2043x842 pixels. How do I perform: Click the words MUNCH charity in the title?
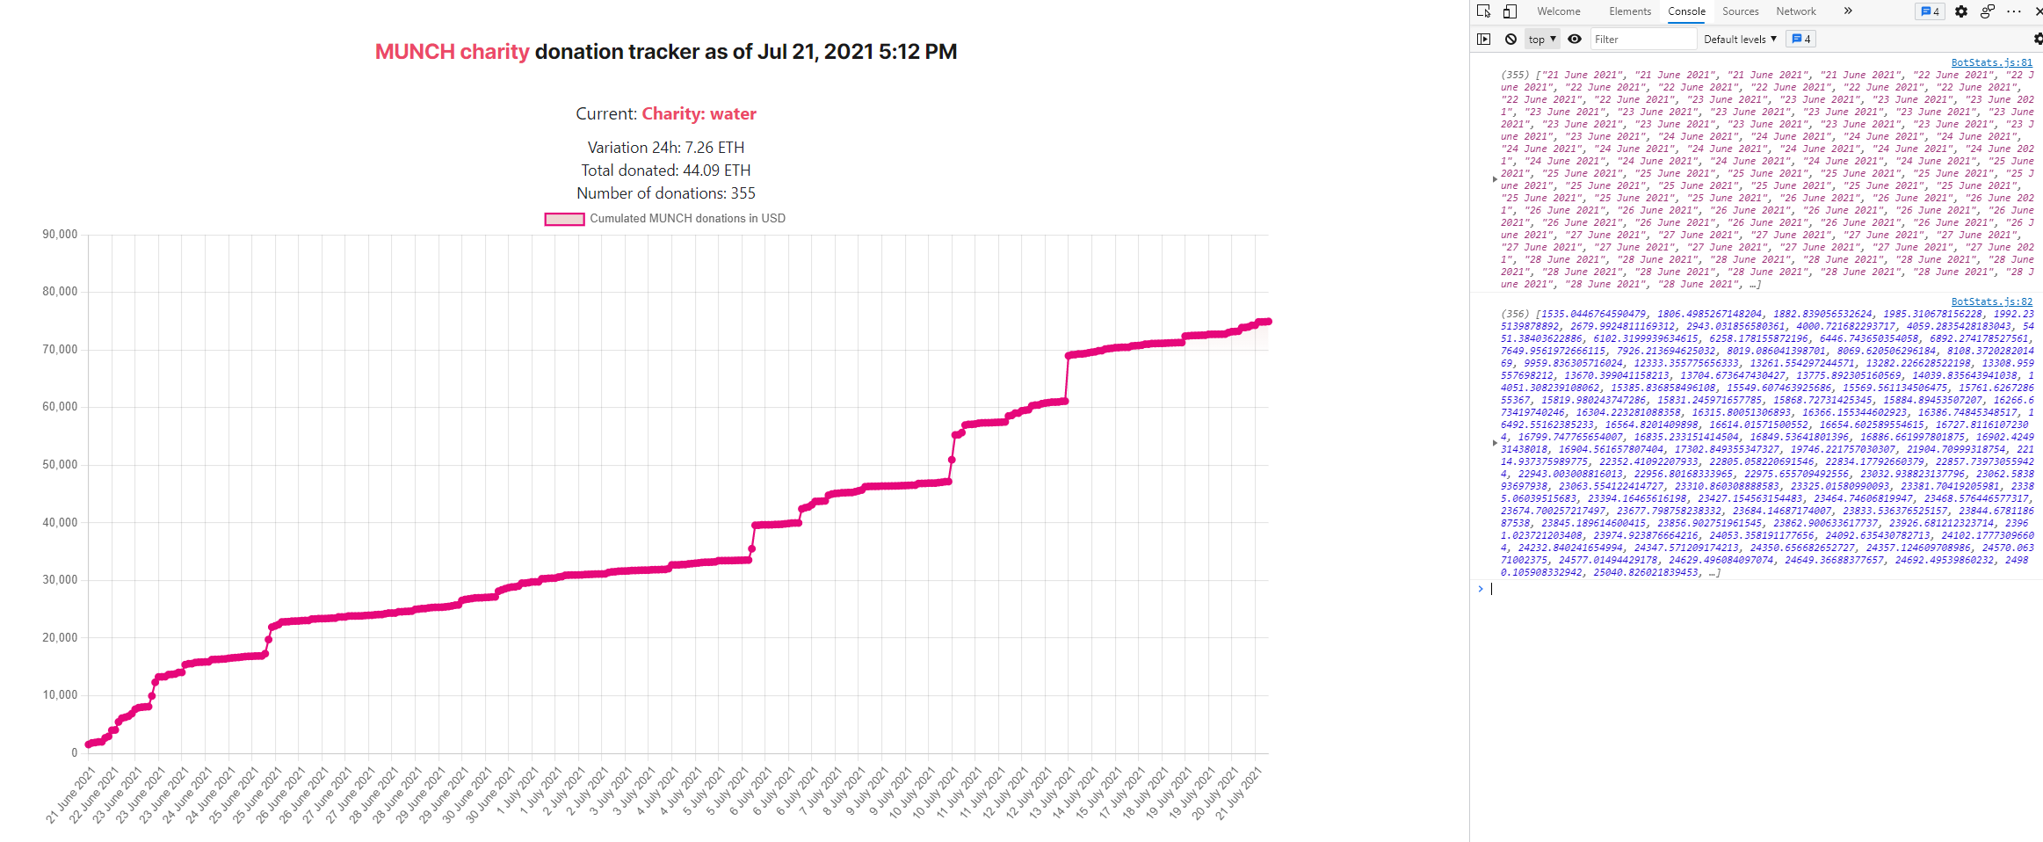point(452,52)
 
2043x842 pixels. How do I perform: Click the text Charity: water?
point(699,113)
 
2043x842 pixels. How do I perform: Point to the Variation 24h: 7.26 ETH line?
point(666,148)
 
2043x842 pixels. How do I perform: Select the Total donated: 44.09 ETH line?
point(666,171)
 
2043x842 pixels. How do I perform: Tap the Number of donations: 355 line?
point(666,193)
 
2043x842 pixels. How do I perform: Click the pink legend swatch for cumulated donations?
point(564,219)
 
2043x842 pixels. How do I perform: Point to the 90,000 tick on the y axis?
point(60,235)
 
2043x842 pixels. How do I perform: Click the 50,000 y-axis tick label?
point(60,464)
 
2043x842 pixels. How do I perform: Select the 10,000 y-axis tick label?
point(60,694)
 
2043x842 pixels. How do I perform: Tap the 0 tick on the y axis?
point(74,752)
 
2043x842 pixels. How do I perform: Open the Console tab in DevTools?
point(1686,11)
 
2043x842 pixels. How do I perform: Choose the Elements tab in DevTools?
point(1630,11)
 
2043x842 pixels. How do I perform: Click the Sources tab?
point(1740,11)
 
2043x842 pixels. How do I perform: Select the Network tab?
point(1795,11)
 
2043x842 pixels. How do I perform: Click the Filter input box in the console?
point(1641,40)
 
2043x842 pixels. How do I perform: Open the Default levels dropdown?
point(1739,40)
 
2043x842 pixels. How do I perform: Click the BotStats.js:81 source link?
point(1991,62)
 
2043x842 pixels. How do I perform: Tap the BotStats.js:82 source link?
point(1991,301)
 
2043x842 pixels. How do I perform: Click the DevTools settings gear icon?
point(1961,11)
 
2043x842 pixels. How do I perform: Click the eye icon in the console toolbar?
point(1575,39)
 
